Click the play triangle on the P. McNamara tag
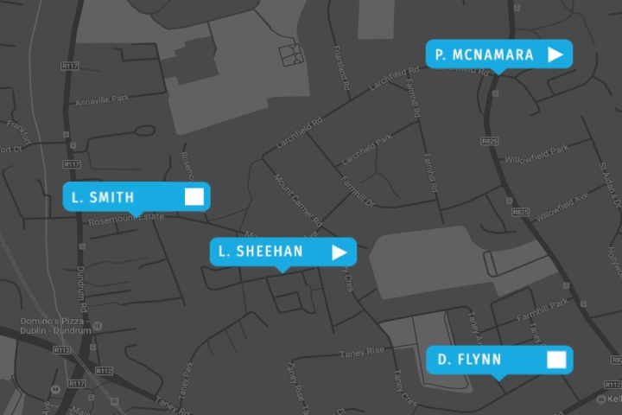pyautogui.click(x=555, y=54)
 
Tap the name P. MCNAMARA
pyautogui.click(x=485, y=54)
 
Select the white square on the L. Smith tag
pyautogui.click(x=194, y=196)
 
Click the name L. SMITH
pyautogui.click(x=103, y=197)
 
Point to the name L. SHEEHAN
pyautogui.click(x=260, y=252)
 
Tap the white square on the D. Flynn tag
pyautogui.click(x=556, y=360)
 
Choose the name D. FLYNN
pyautogui.click(x=469, y=360)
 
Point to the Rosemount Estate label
pyautogui.click(x=126, y=221)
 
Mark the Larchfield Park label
pyautogui.click(x=365, y=151)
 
